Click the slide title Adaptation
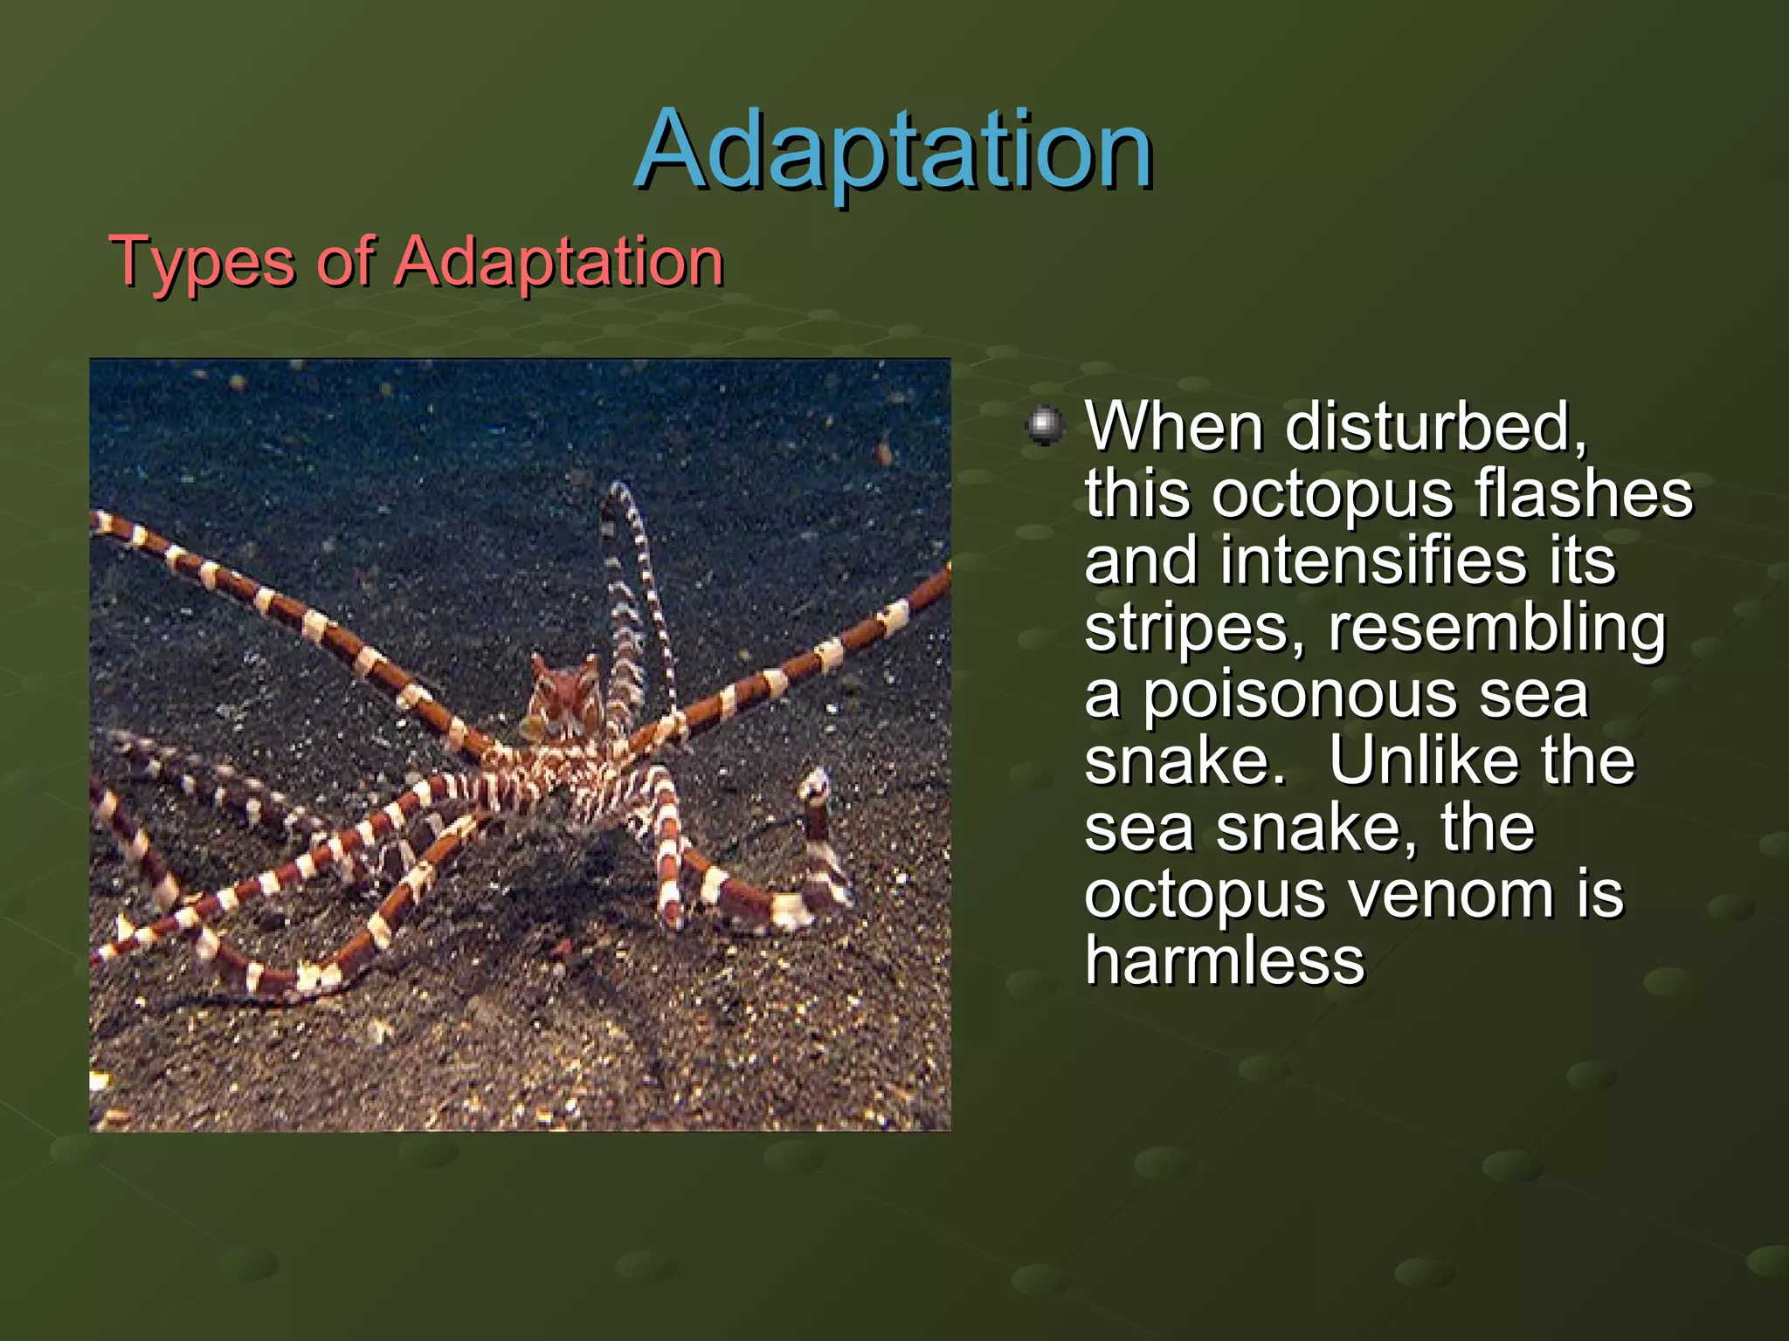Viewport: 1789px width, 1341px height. click(x=893, y=150)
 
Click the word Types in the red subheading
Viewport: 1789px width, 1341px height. click(x=202, y=262)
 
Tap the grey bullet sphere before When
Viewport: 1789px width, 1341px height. click(x=1045, y=427)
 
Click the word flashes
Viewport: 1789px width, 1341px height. click(x=1584, y=494)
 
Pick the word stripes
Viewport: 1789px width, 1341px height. click(x=1193, y=628)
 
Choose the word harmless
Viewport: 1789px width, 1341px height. click(x=1224, y=960)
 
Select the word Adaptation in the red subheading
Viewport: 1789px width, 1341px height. click(x=559, y=262)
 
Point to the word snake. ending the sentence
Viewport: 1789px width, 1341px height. click(x=1185, y=761)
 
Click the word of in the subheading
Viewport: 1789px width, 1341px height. click(x=346, y=262)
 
